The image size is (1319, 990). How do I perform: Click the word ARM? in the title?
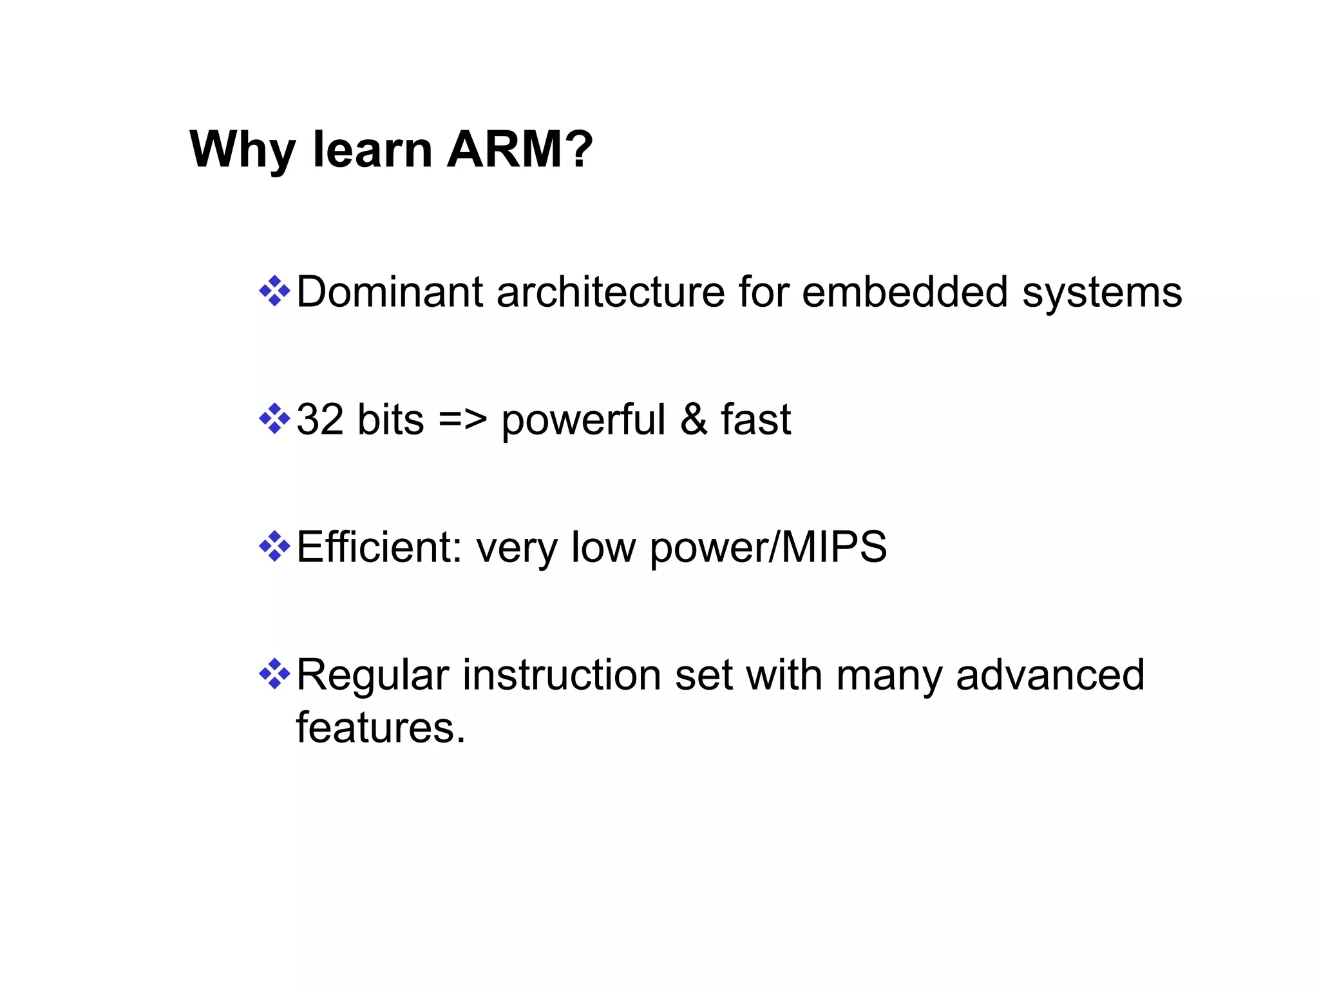point(519,150)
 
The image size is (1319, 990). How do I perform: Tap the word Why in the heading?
point(242,151)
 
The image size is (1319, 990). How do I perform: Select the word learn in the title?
point(372,150)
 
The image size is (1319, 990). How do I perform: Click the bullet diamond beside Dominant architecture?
point(274,291)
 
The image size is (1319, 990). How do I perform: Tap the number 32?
point(319,420)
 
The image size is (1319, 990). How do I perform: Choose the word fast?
point(755,420)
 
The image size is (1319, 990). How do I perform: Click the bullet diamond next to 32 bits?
point(274,419)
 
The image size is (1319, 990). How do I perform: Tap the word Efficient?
point(379,547)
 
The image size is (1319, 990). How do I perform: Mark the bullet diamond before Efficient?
point(274,547)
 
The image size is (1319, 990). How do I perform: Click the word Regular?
point(372,676)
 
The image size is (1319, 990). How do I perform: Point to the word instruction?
point(562,675)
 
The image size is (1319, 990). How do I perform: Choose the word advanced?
point(1050,675)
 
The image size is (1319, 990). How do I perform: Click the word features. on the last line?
point(380,728)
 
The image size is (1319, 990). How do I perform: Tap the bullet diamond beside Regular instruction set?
point(274,674)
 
